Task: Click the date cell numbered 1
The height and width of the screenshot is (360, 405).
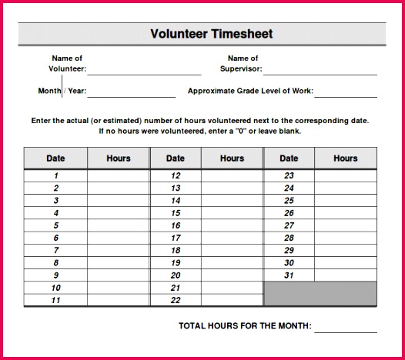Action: (x=55, y=175)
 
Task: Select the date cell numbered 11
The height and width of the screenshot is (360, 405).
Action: (x=55, y=300)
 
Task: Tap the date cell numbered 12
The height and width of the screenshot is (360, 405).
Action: (x=176, y=175)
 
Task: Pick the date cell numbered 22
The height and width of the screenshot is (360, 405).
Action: (x=176, y=300)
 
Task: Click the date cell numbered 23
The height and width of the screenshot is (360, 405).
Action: (x=289, y=175)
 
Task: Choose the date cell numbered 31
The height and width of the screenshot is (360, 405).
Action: (x=289, y=275)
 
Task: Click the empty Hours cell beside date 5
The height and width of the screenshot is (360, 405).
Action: (x=118, y=225)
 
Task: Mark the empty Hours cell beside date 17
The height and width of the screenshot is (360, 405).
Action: (x=232, y=238)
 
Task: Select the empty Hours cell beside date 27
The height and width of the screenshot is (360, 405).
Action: (x=345, y=225)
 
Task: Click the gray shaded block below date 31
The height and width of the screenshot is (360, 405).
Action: (x=320, y=294)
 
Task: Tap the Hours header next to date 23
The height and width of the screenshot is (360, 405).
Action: (x=345, y=158)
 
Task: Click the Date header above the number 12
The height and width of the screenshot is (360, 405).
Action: (x=176, y=158)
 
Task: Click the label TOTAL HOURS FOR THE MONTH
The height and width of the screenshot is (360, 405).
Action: (x=245, y=326)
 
